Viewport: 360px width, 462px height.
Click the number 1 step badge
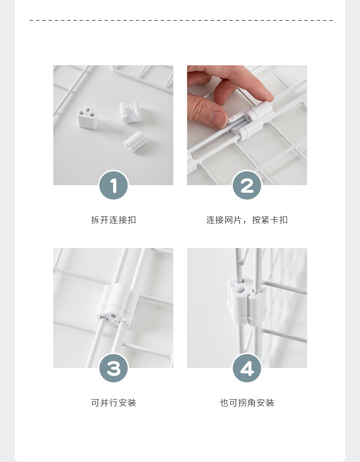113,186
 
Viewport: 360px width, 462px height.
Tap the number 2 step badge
247,186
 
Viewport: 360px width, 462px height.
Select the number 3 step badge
113,368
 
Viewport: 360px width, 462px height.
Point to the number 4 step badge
247,368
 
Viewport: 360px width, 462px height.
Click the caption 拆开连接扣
113,220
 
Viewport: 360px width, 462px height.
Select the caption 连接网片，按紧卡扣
247,220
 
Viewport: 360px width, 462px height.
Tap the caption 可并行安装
113,403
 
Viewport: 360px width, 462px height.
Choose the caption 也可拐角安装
247,403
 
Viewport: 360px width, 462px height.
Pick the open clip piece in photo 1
130,111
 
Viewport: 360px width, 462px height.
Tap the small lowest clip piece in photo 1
133,142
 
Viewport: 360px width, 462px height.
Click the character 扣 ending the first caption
132,220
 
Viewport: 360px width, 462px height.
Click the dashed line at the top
180,20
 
